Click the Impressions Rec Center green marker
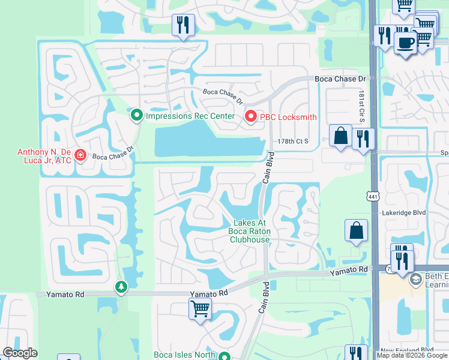click(x=137, y=115)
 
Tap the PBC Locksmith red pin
click(x=250, y=118)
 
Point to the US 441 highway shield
click(x=373, y=196)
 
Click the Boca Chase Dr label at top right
click(x=340, y=79)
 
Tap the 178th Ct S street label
click(x=293, y=141)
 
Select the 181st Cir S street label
click(x=363, y=107)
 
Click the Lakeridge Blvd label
click(x=403, y=213)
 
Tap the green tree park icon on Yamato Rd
click(x=121, y=287)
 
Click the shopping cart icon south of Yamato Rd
click(x=200, y=310)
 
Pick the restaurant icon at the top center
click(x=182, y=25)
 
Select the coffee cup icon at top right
click(x=406, y=43)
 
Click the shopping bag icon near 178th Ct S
click(x=341, y=136)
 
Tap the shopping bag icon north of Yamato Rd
click(x=356, y=230)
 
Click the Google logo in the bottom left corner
click(x=20, y=353)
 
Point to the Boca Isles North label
click(x=185, y=355)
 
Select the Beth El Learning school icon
click(x=415, y=280)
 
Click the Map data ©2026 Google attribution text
click(x=412, y=356)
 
